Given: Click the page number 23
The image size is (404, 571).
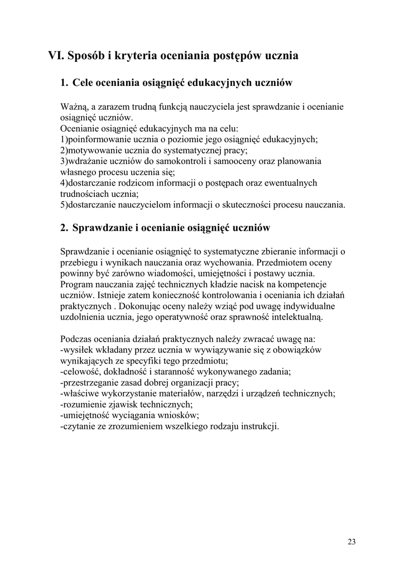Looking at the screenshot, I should tap(352, 541).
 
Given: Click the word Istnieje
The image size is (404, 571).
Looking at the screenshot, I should tap(110, 296).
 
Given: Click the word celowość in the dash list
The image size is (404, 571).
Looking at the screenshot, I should tap(80, 371).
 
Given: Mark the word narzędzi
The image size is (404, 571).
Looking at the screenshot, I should tap(230, 394).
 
